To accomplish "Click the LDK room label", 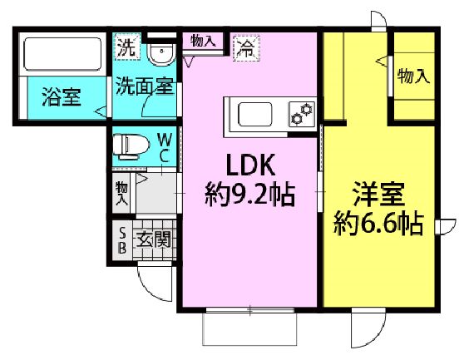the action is (x=250, y=165).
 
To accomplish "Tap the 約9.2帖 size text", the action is (x=250, y=195).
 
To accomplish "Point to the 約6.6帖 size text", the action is (x=378, y=224).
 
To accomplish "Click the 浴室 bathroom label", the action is (x=62, y=96).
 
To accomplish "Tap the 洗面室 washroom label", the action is (x=145, y=86).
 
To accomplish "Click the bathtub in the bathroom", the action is (x=62, y=54).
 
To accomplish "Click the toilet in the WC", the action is (x=131, y=146).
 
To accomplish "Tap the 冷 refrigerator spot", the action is (x=246, y=48).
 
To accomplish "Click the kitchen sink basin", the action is (x=254, y=115).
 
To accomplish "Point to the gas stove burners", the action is (x=302, y=113).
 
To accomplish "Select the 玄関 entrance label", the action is (x=154, y=239).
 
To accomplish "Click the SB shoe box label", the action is (x=122, y=239).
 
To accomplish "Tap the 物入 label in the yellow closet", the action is (x=413, y=76).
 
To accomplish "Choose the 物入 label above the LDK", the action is (x=204, y=41).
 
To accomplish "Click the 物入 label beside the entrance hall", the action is (x=121, y=193).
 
